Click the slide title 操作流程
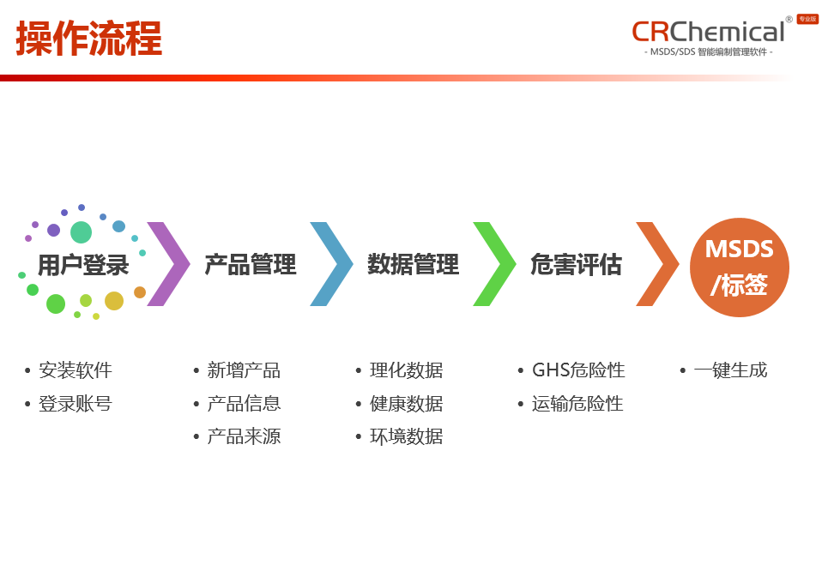[88, 39]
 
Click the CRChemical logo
[708, 32]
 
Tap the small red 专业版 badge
[807, 19]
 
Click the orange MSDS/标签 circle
[739, 267]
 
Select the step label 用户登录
[83, 265]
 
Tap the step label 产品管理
[250, 265]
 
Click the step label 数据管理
[413, 265]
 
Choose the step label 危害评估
[576, 265]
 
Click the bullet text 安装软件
[76, 370]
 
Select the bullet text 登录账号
[76, 404]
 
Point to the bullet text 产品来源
[244, 436]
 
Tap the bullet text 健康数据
[406, 404]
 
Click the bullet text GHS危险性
[578, 370]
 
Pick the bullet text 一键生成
[730, 370]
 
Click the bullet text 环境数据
[406, 436]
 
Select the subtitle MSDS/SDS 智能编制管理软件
[708, 52]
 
